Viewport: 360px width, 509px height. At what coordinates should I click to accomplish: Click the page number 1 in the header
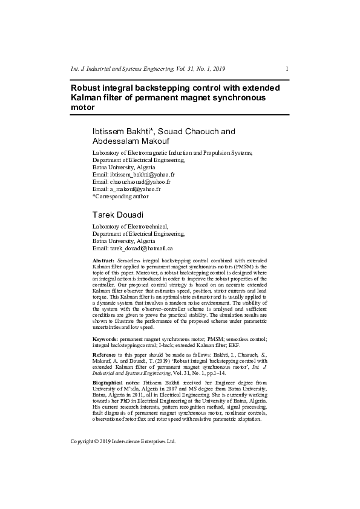[286, 68]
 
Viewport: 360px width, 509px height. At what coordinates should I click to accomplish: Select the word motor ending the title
[83, 107]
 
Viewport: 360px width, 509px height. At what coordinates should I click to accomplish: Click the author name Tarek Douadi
[119, 215]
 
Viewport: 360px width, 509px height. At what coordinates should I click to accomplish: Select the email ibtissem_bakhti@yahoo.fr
[142, 174]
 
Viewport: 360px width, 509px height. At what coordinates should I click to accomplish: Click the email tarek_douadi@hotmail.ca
[141, 248]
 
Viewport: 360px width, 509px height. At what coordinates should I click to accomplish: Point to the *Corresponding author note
[120, 196]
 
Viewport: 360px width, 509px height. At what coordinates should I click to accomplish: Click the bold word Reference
[105, 354]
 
